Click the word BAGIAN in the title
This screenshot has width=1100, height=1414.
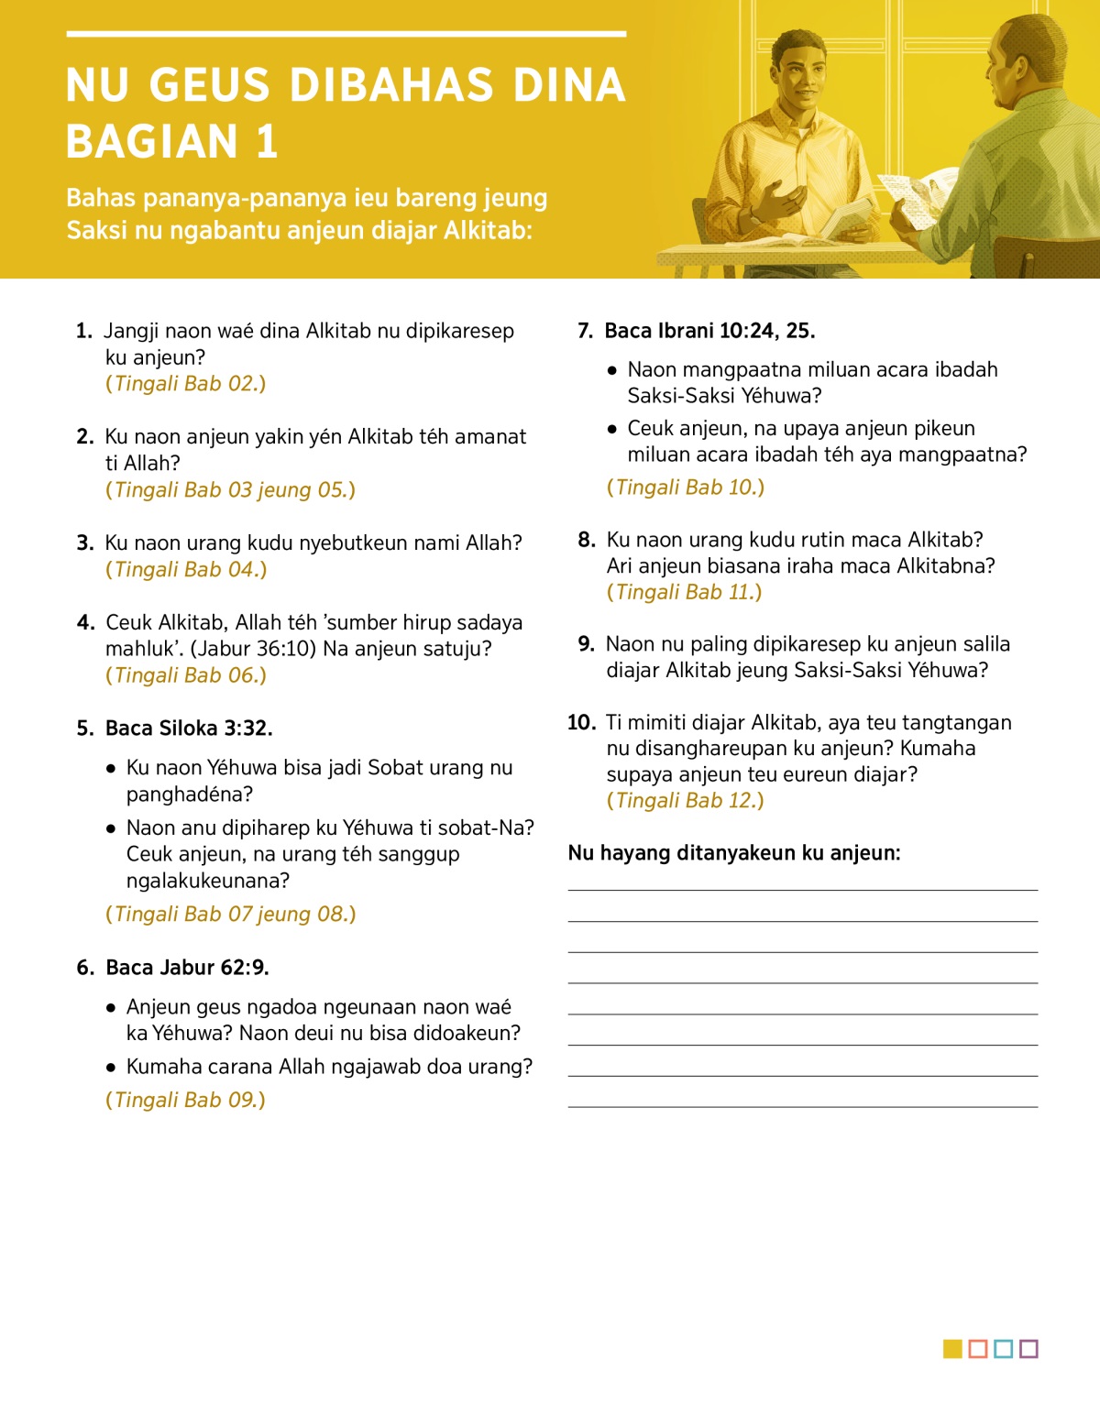coord(152,142)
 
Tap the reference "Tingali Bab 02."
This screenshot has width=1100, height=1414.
coord(185,384)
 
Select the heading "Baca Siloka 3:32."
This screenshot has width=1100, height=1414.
coord(189,729)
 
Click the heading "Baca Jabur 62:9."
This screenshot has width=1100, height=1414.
coord(187,968)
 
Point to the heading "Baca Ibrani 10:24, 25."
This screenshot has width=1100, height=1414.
coord(709,331)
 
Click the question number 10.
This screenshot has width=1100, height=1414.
coord(581,723)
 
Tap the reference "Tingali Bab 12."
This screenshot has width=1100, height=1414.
coord(685,801)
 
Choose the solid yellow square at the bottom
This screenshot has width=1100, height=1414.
coord(952,1349)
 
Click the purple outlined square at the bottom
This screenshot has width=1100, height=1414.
coord(1028,1349)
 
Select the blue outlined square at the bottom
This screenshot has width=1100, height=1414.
coord(1003,1349)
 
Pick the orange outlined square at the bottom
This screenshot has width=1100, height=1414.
coord(978,1349)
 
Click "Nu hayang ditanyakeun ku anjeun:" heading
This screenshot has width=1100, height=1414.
coord(734,853)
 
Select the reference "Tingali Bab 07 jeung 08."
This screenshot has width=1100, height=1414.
coord(230,915)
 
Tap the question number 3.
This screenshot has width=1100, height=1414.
coord(85,543)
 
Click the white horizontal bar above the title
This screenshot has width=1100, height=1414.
coord(346,34)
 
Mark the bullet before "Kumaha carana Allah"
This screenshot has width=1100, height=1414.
coord(111,1068)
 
